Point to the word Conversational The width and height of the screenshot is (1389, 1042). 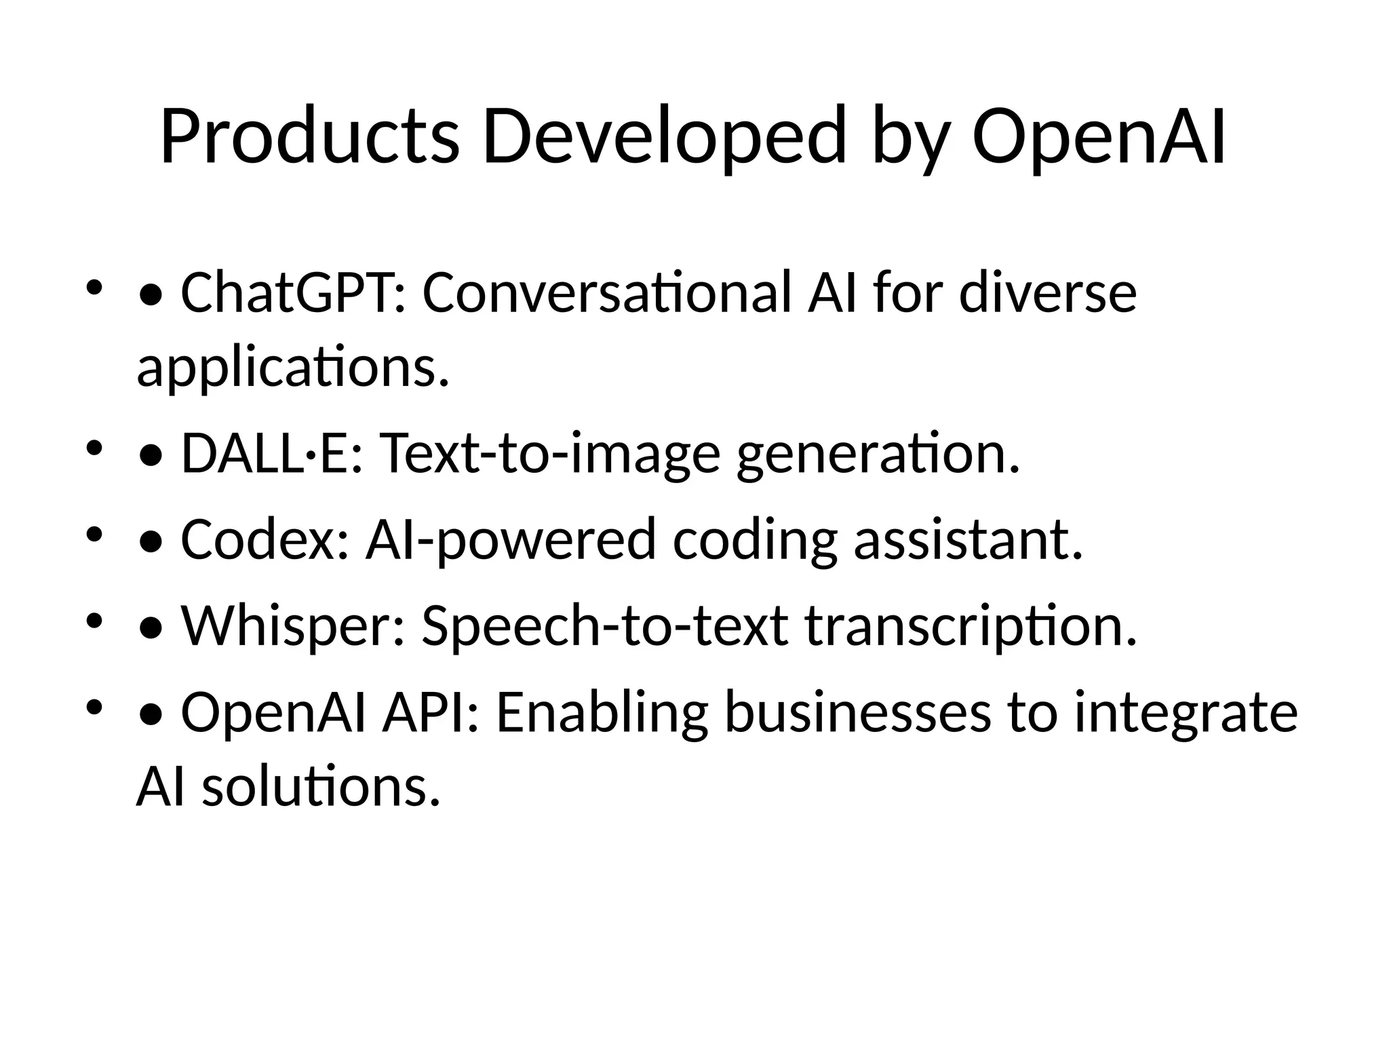(606, 292)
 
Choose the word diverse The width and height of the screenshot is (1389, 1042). (1048, 292)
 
